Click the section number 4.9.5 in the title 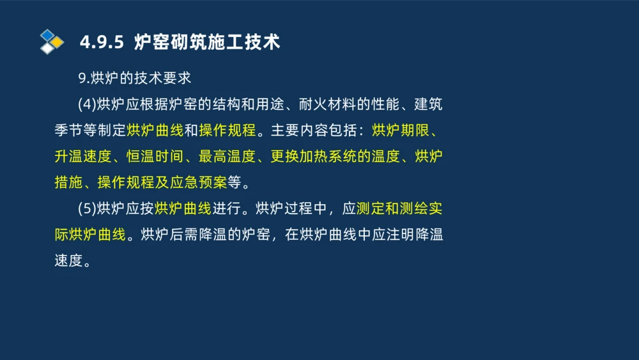click(x=100, y=42)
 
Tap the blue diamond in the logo click(x=47, y=35)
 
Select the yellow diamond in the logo click(x=57, y=42)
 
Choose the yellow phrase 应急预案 click(x=204, y=182)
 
